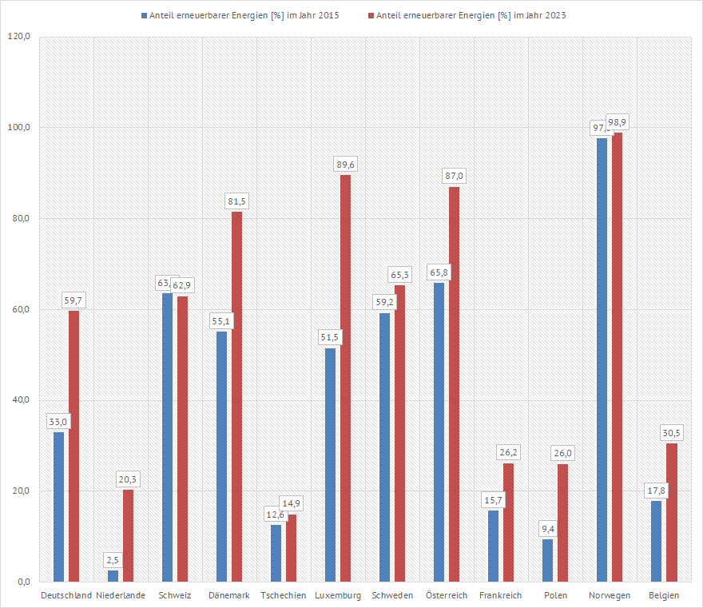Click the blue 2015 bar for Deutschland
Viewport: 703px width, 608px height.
click(58, 507)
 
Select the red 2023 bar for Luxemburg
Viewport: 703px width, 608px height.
click(345, 378)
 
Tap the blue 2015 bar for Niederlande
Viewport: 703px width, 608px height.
click(113, 575)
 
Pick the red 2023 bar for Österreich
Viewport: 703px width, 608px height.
click(454, 383)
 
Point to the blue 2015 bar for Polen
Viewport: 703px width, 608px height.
click(547, 560)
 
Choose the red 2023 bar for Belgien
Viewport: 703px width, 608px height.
click(672, 512)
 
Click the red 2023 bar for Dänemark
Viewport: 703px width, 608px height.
click(236, 396)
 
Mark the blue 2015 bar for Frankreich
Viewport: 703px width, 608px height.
click(493, 546)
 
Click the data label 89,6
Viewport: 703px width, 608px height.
click(346, 164)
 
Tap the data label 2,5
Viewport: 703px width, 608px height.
click(113, 559)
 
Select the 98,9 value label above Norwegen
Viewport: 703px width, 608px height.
click(618, 122)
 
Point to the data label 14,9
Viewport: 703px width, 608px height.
click(292, 503)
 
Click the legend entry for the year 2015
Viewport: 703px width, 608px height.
click(235, 15)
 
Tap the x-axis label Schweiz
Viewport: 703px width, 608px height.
click(174, 595)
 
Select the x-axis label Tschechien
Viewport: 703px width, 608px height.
click(283, 595)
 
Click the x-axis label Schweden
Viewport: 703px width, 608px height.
click(391, 595)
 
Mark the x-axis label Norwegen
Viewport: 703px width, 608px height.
click(609, 595)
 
